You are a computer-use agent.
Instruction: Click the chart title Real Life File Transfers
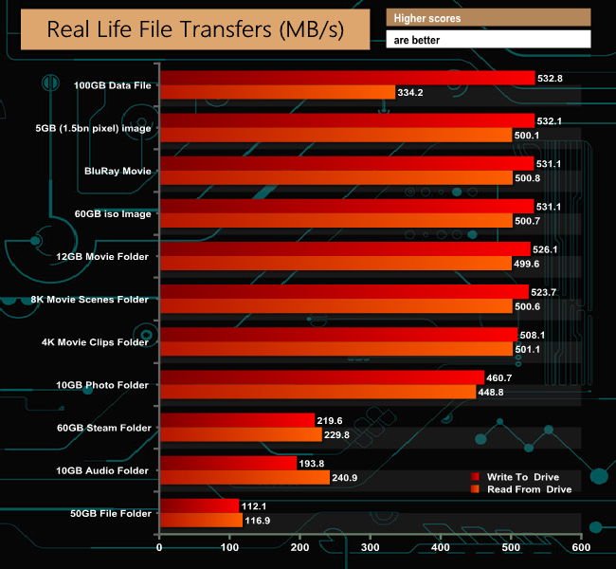click(x=195, y=29)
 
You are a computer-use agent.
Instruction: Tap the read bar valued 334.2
click(x=277, y=92)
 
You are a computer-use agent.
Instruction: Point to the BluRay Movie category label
click(x=118, y=171)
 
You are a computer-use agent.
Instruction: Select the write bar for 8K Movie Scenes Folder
click(x=344, y=291)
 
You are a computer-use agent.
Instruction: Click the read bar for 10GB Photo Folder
click(x=317, y=392)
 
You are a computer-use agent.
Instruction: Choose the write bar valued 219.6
click(x=237, y=419)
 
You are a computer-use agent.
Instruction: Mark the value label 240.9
click(x=347, y=477)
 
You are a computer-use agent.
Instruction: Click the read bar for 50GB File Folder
click(x=201, y=520)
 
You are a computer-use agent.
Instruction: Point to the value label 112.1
click(x=255, y=505)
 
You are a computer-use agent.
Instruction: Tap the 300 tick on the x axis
click(x=371, y=548)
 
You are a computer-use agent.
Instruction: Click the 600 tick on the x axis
click(x=581, y=548)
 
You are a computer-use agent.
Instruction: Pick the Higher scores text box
click(x=488, y=18)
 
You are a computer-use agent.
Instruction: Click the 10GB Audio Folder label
click(x=103, y=470)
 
